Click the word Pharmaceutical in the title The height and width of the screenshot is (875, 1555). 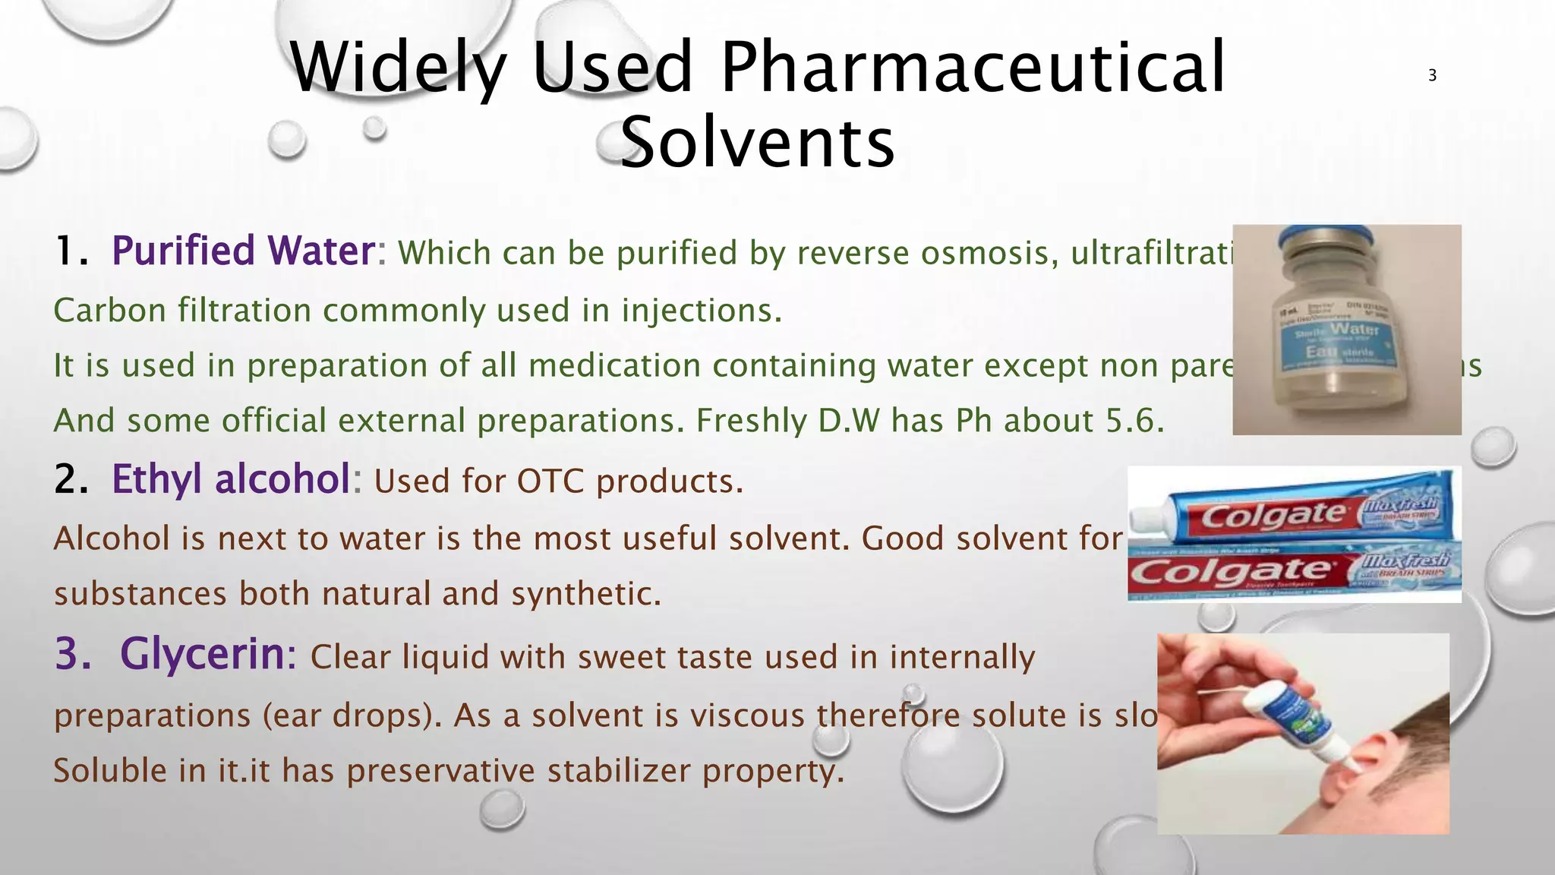973,68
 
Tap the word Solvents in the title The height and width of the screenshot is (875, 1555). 757,143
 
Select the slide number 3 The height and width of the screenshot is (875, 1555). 1432,75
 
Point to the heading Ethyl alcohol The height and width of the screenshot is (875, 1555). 231,479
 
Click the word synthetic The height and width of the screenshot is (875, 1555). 585,594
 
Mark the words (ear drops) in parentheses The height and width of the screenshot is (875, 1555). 352,716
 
